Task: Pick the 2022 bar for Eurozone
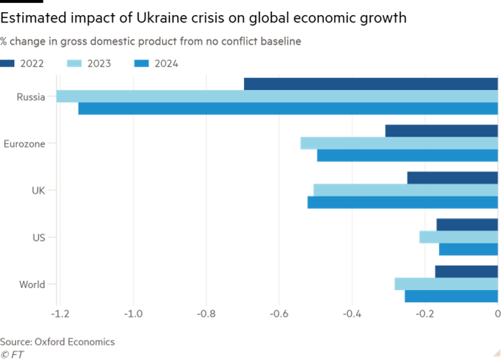440,131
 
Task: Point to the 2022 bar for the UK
451,177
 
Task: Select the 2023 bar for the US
458,237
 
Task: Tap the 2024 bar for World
450,296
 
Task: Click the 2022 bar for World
465,271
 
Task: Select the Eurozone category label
24,144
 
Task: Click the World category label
32,284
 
